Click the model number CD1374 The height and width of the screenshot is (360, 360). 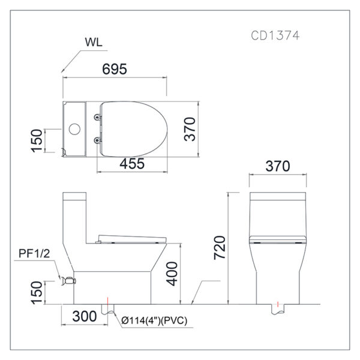(x=275, y=35)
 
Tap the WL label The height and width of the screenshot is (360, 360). (x=94, y=42)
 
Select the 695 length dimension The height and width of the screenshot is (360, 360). (x=115, y=69)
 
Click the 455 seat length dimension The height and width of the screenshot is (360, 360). (x=132, y=164)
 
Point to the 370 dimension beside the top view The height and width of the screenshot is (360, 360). (x=190, y=129)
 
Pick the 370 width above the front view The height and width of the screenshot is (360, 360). (x=278, y=166)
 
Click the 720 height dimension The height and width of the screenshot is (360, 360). (x=220, y=248)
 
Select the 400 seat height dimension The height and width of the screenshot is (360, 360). (x=172, y=274)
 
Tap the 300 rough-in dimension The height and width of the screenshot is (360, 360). (x=84, y=316)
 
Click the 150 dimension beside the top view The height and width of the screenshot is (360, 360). (x=37, y=140)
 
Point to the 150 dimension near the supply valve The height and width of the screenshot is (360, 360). (x=37, y=293)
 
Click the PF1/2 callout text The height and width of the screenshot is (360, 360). (x=34, y=253)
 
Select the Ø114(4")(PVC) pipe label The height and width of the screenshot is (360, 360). (x=154, y=320)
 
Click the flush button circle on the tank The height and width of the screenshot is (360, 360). (x=74, y=129)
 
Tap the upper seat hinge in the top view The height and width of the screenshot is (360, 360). (x=98, y=118)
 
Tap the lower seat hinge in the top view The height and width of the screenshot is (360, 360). (x=98, y=140)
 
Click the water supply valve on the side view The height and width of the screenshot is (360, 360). (x=68, y=281)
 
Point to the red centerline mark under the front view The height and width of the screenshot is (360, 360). (x=278, y=304)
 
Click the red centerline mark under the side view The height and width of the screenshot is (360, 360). (x=107, y=301)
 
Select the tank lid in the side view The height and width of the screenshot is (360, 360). (x=74, y=196)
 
